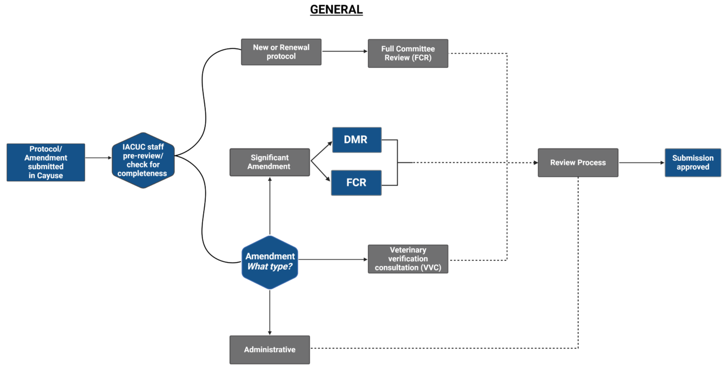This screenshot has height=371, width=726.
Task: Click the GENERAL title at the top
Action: coord(336,9)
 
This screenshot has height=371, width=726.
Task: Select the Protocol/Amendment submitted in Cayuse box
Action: coord(46,162)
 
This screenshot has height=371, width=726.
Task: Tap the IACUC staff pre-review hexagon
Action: coord(143,160)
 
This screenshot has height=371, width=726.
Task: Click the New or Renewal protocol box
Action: coord(281,52)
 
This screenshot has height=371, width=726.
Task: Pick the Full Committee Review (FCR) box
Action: coord(408,53)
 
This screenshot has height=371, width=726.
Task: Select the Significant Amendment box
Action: coord(270,162)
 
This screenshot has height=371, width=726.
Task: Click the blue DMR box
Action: coord(356,140)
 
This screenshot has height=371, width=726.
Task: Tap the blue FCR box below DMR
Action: coord(356,182)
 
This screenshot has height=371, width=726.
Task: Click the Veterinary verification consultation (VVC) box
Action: coord(408,259)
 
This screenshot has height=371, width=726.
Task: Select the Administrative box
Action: coord(270,349)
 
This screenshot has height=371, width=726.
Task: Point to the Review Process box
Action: coord(577,162)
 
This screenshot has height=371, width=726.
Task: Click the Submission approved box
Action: coord(693,162)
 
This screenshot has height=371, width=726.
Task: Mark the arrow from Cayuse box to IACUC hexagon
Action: coord(98,158)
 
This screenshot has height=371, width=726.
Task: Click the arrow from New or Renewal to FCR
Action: coord(344,52)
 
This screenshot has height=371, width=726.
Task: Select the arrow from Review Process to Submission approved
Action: coord(641,163)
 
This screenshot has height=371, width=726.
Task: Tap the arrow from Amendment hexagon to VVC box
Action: coord(333,260)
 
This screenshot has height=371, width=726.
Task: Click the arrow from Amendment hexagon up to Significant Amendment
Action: coord(270,206)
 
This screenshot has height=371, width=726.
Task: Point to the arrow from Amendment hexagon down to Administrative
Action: coord(270,312)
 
